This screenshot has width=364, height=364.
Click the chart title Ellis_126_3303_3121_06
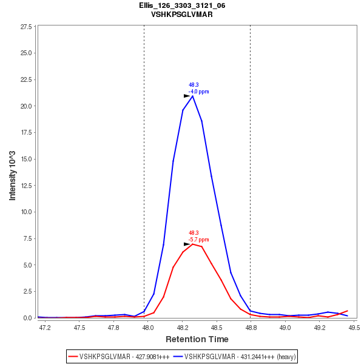182,5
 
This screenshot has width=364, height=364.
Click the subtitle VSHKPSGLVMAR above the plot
182,14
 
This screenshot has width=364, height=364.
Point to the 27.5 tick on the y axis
25,27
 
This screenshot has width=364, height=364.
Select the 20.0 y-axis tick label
25,106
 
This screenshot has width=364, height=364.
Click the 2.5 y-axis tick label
27,292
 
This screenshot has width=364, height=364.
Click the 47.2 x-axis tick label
45,328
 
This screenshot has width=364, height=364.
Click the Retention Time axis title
197,339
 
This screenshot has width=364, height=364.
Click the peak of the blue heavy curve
192,96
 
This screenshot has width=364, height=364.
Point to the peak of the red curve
192,243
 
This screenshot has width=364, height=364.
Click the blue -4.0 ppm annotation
198,92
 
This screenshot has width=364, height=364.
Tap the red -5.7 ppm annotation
198,240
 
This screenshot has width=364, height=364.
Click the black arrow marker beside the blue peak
187,96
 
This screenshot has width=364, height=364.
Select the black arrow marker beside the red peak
187,244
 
